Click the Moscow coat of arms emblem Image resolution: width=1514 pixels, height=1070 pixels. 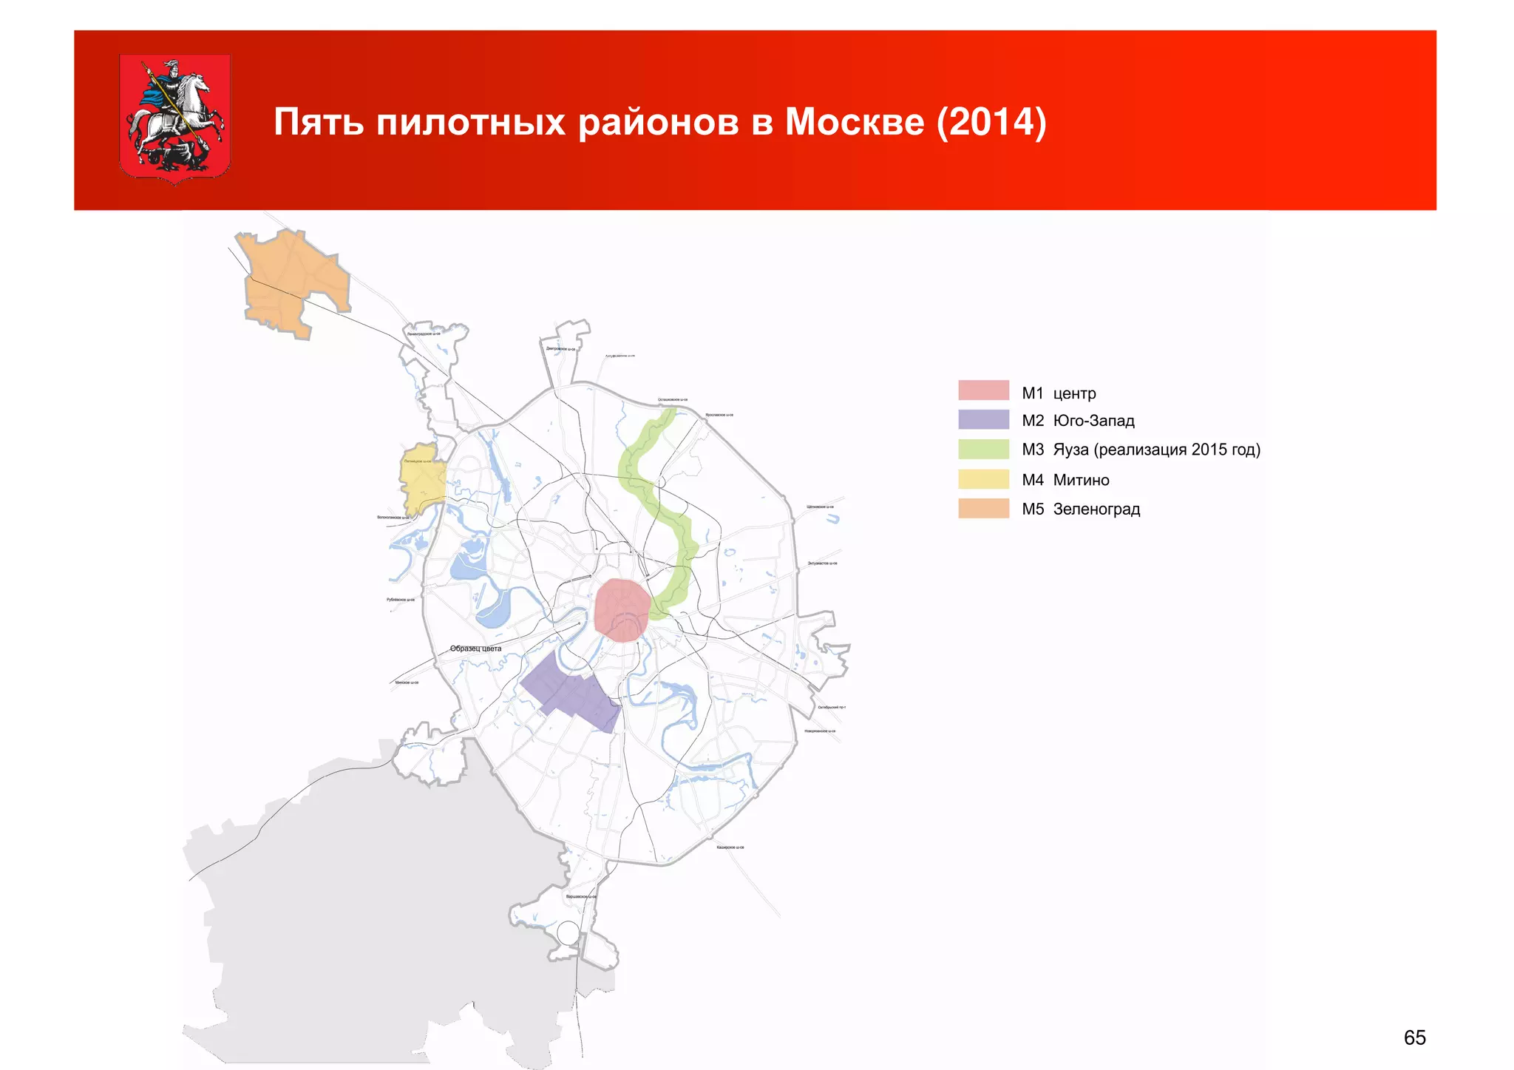coord(174,118)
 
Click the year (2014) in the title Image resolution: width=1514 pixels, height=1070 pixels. coord(991,122)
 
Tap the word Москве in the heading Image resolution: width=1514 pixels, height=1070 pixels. coord(854,122)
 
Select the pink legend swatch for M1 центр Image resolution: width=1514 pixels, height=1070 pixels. coord(983,390)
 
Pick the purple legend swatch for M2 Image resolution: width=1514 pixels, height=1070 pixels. coord(983,420)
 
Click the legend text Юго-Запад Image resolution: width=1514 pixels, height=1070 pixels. coord(1093,421)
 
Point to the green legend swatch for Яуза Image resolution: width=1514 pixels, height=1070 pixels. coord(983,450)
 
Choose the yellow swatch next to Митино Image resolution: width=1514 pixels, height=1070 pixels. coord(983,479)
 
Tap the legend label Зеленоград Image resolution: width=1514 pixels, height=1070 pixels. coord(1096,509)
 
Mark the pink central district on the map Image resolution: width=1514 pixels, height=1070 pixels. coord(622,609)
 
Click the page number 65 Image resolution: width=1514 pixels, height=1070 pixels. coord(1414,1037)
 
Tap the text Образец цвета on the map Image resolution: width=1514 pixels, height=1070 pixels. coord(475,649)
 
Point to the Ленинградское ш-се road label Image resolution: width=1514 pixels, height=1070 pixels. coord(424,334)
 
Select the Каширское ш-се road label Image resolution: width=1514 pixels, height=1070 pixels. coord(730,847)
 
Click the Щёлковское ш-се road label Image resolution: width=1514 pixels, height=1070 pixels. coord(820,507)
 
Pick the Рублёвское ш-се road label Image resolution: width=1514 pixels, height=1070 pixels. coord(401,600)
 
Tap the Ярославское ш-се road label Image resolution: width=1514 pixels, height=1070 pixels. coord(719,415)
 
